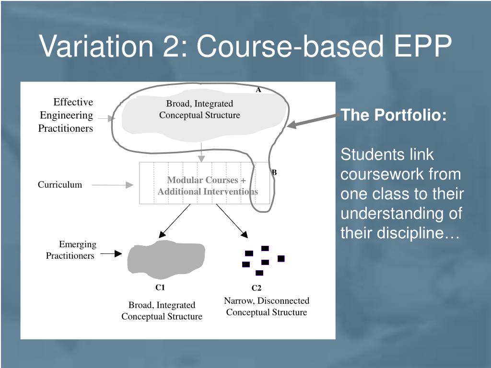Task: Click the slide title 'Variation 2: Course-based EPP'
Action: tap(245, 46)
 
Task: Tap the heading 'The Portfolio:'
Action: tap(393, 115)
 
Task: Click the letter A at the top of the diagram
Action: tap(258, 90)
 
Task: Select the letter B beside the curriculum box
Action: tap(274, 172)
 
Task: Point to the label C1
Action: tap(160, 287)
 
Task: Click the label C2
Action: tap(257, 288)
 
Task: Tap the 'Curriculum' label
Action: tap(60, 185)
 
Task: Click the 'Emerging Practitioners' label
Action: tap(71, 250)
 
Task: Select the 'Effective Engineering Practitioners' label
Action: tap(66, 115)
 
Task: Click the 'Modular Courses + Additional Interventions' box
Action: tap(207, 185)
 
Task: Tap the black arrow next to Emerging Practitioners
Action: tap(112, 254)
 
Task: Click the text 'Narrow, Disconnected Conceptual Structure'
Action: tap(266, 307)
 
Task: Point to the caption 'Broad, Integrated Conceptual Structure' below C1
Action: tap(162, 311)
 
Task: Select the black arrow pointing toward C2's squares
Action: tap(232, 221)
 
